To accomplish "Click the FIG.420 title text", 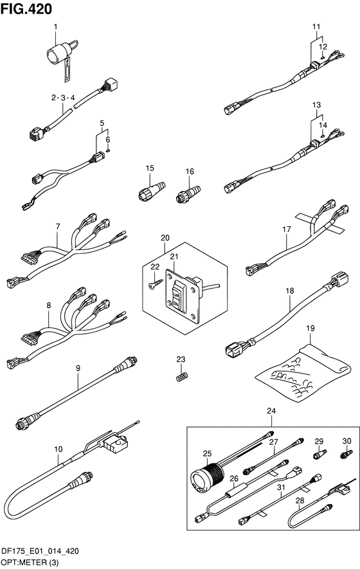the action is tap(26, 9).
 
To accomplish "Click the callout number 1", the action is tap(55, 26).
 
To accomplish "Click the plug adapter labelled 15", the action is tap(151, 191).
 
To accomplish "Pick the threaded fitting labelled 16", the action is tap(187, 194).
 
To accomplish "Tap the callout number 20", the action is tap(165, 238).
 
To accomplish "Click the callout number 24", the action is tap(271, 411).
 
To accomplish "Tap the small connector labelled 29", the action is tap(320, 454).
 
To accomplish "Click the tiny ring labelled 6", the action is tap(108, 150).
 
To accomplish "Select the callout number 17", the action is tap(287, 230).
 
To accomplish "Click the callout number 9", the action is tap(78, 368).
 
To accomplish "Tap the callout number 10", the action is tap(59, 449).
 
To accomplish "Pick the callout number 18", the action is tap(289, 291).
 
